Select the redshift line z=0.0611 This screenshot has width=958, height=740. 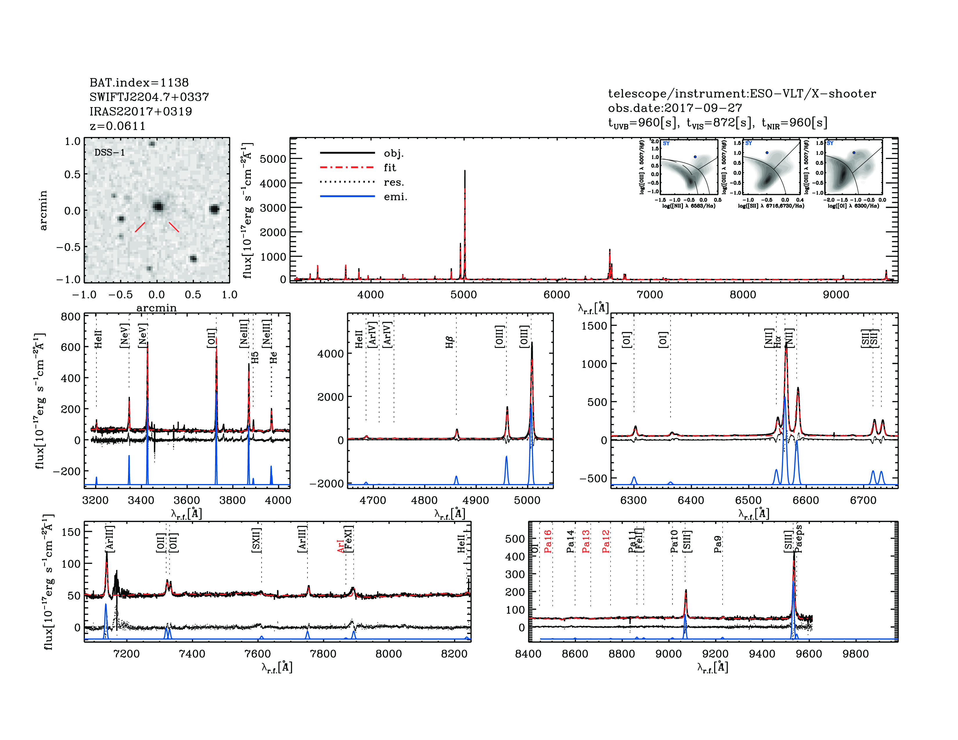coord(118,126)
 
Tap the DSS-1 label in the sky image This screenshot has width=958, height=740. coord(110,153)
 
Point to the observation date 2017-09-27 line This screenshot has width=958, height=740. coord(675,108)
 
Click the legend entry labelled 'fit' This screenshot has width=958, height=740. coord(390,167)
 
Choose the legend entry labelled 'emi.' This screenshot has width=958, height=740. coord(395,197)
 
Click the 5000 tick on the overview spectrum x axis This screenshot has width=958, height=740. coord(464,295)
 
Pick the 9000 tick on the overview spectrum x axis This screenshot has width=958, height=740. coord(836,295)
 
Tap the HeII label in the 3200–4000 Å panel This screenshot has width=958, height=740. coord(98,339)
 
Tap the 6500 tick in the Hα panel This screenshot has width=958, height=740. coord(748,501)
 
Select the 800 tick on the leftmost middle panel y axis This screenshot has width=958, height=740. coord(71,317)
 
